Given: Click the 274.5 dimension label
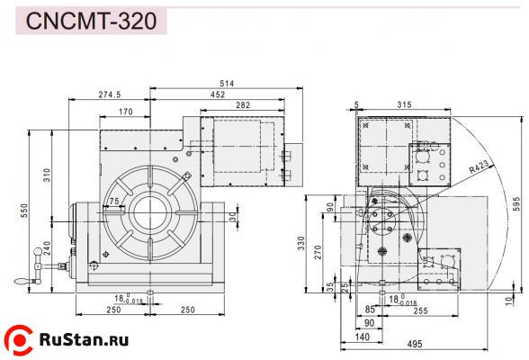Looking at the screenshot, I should (111, 94).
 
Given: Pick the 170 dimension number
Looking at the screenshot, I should (125, 112).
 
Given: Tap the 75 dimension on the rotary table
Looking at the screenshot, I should (113, 201).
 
